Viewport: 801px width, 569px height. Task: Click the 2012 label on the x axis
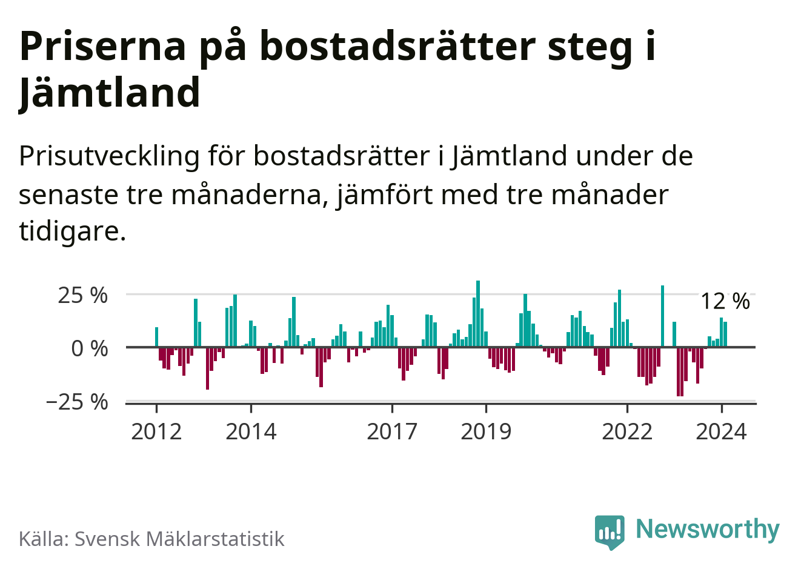click(x=156, y=431)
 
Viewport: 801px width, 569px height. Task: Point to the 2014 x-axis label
click(x=251, y=431)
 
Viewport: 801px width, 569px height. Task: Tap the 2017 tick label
click(x=392, y=431)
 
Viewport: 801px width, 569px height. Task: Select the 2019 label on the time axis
click(x=486, y=431)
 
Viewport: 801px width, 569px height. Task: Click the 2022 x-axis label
click(x=627, y=431)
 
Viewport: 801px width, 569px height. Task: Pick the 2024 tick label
click(x=721, y=431)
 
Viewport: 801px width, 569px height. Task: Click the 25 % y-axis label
click(x=82, y=296)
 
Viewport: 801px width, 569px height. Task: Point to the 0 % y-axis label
click(x=90, y=348)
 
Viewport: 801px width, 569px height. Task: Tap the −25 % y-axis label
click(x=77, y=401)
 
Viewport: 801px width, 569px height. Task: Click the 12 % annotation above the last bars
click(x=725, y=301)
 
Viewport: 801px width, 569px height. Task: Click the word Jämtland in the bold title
click(x=110, y=93)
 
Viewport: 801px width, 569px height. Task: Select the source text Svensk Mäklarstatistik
click(x=179, y=539)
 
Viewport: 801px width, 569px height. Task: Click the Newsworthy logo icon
click(x=610, y=531)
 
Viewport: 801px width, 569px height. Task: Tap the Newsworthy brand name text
click(x=707, y=529)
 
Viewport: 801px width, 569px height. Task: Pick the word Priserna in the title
click(x=102, y=46)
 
